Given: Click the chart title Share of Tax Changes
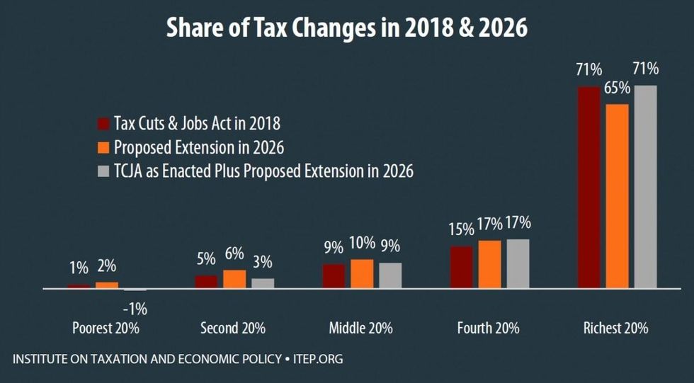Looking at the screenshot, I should pos(347,28).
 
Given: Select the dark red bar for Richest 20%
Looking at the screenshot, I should pos(589,188).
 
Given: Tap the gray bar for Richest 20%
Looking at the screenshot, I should pos(645,187).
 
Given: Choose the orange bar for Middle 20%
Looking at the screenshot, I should pos(362,274).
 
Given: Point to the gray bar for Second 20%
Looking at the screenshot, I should pos(263,283).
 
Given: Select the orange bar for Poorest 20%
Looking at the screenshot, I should pos(107,285).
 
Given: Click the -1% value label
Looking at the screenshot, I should pos(135,309).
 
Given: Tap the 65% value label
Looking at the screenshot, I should pos(617,90).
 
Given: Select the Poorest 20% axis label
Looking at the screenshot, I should pos(106,328).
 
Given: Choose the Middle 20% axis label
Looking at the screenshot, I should pos(360,328).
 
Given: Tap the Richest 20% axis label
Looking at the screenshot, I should pos(615,328).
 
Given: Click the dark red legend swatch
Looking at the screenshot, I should pos(103,124).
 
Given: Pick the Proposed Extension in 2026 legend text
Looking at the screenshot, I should pos(199,148).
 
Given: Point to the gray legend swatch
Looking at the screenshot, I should pos(103,171).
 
